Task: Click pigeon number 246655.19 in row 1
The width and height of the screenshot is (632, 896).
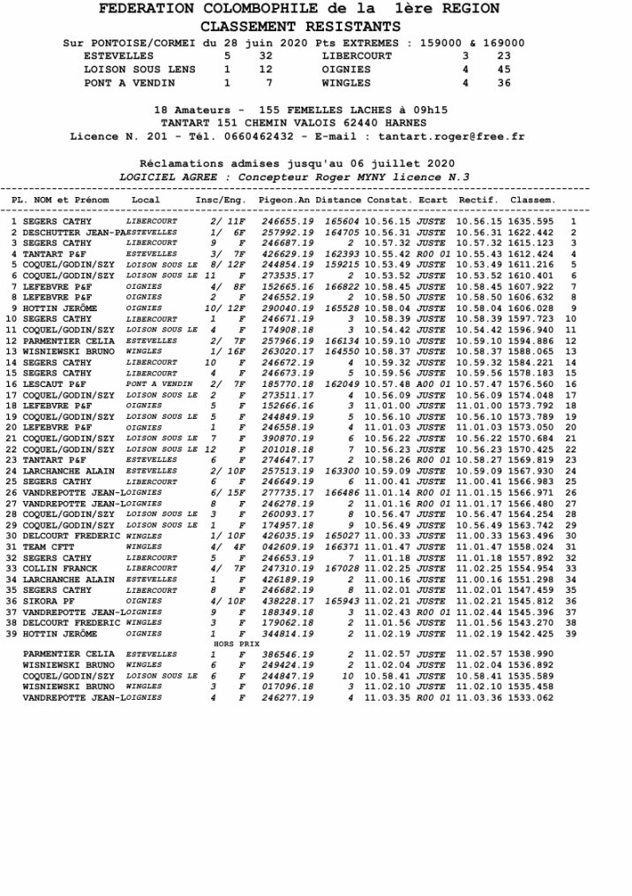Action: [x=288, y=221]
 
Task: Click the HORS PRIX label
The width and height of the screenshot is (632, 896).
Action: [x=229, y=644]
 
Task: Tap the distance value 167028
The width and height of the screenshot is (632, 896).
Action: [x=341, y=568]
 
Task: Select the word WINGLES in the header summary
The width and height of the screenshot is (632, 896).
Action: [x=346, y=82]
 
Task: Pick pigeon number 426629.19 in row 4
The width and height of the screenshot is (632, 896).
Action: [x=288, y=254]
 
